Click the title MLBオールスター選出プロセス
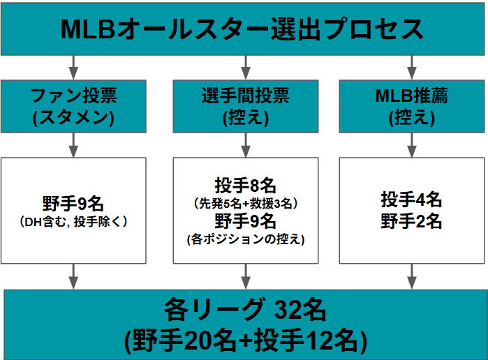242,29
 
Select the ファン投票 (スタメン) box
73,107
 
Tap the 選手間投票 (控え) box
246,107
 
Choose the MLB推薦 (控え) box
412,107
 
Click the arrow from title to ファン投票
73,68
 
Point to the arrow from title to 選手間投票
246,68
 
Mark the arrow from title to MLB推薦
412,68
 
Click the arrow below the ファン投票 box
73,145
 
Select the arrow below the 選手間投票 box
246,145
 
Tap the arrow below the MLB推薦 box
412,145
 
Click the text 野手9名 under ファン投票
73,204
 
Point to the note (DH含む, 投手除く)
73,222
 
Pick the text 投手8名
245,186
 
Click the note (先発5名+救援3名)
246,204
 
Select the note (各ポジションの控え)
246,239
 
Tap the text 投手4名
411,200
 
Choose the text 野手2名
411,221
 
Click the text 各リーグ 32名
245,310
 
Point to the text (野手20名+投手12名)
246,340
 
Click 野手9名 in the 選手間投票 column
245,221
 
